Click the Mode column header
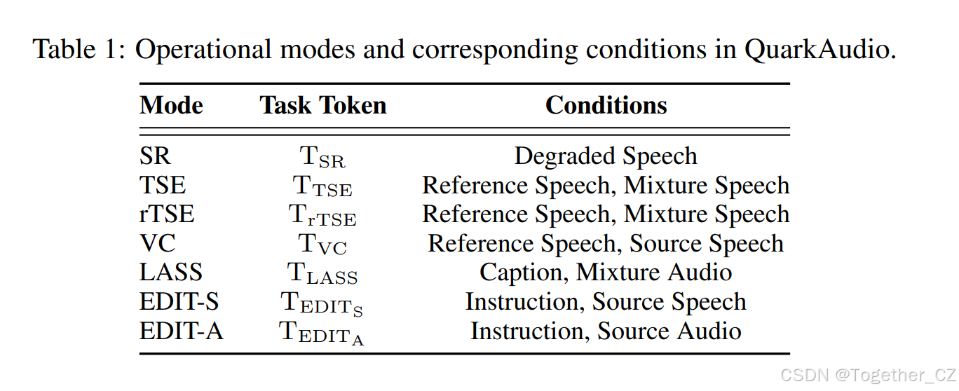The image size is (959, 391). [171, 105]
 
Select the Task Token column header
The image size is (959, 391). [323, 105]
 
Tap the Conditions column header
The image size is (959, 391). [606, 105]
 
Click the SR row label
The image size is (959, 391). [155, 156]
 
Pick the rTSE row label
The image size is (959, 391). [167, 214]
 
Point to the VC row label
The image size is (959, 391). [158, 243]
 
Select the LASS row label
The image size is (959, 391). [171, 272]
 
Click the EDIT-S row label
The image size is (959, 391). [179, 301]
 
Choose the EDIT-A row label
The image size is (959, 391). [181, 331]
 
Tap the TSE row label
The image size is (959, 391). [163, 185]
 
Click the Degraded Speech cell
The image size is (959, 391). [606, 156]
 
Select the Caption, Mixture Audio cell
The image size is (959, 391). [606, 272]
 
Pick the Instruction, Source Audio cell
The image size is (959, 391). [606, 331]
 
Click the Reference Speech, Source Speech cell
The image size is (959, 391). [606, 243]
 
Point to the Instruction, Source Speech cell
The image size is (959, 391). [606, 301]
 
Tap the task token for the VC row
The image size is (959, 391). [323, 245]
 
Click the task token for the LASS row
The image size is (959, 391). [323, 273]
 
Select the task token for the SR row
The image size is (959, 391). [323, 157]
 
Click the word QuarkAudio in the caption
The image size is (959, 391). [820, 50]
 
